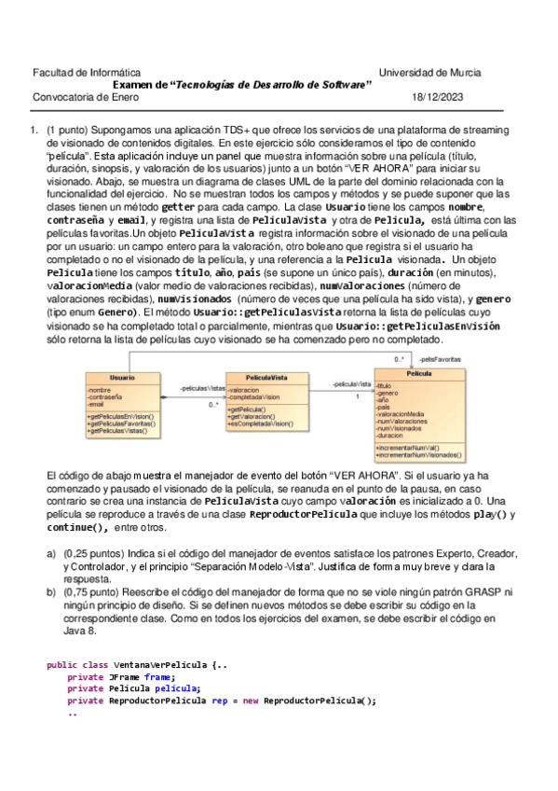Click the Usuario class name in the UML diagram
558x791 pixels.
click(121, 377)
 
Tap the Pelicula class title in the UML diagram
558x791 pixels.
click(418, 373)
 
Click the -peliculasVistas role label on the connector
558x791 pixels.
click(202, 386)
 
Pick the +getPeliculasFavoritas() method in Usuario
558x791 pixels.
click(121, 423)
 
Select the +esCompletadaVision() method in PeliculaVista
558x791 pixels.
click(260, 423)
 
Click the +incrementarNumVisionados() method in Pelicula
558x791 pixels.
click(419, 455)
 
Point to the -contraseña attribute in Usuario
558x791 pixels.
click(105, 397)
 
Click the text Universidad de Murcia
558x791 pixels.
click(429, 72)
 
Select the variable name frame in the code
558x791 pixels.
click(157, 677)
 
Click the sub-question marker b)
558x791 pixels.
click(51, 591)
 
